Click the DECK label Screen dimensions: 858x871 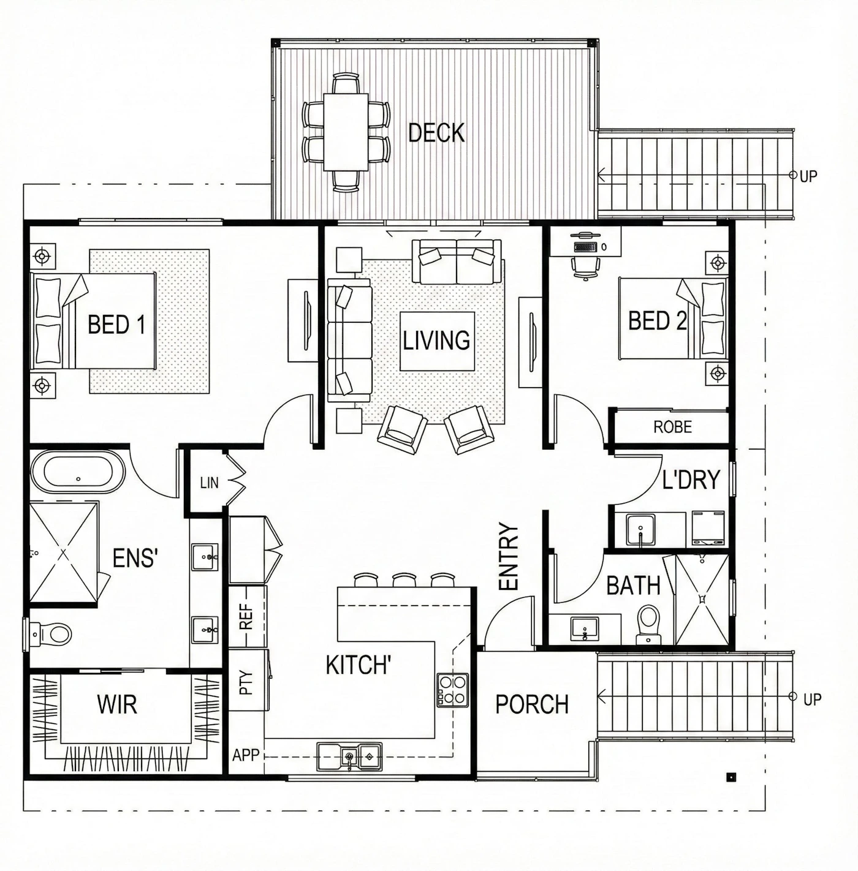[436, 133]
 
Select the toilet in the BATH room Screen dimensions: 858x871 [648, 624]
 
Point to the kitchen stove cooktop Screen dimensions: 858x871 [453, 690]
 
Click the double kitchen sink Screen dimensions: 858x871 [349, 756]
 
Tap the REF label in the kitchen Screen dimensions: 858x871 [246, 618]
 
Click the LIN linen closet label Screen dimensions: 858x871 [209, 483]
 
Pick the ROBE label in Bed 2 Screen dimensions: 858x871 [672, 427]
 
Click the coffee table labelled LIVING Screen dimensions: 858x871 [438, 341]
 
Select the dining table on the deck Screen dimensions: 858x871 [346, 132]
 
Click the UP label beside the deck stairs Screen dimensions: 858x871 [808, 176]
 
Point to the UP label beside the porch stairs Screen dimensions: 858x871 [812, 699]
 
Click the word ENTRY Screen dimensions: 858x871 [509, 556]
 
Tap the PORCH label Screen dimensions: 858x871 [532, 704]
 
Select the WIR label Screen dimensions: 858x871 [117, 704]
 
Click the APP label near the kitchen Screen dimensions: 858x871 [246, 755]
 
